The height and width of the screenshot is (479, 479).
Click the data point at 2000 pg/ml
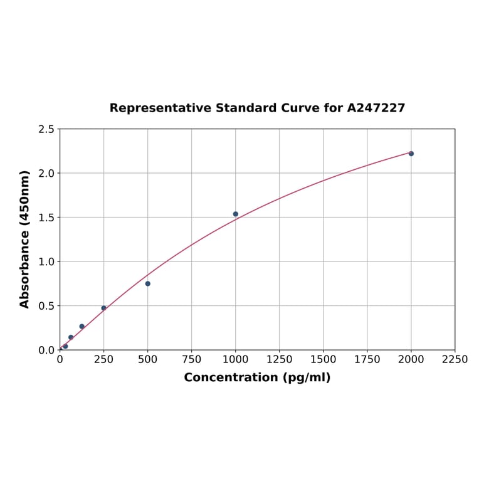pyautogui.click(x=411, y=154)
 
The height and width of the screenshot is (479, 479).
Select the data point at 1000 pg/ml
pyautogui.click(x=236, y=214)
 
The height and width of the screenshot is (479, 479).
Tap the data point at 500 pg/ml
pyautogui.click(x=148, y=283)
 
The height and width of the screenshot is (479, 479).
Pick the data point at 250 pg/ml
pyautogui.click(x=104, y=308)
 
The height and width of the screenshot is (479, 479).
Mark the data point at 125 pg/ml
pyautogui.click(x=82, y=326)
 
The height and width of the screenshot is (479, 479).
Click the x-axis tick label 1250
pyautogui.click(x=280, y=359)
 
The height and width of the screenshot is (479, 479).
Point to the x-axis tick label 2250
pyautogui.click(x=455, y=359)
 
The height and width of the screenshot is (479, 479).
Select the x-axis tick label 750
pyautogui.click(x=192, y=359)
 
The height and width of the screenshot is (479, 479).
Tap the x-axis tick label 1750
pyautogui.click(x=367, y=359)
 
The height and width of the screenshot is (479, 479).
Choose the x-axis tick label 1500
pyautogui.click(x=324, y=359)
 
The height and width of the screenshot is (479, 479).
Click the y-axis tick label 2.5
pyautogui.click(x=46, y=129)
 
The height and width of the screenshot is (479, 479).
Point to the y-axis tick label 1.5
pyautogui.click(x=46, y=218)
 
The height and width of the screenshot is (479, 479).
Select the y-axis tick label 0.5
pyautogui.click(x=46, y=306)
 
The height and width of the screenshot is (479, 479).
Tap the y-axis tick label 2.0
pyautogui.click(x=46, y=173)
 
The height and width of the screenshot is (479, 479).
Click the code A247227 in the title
pyautogui.click(x=376, y=108)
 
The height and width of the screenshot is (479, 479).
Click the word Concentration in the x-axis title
pyautogui.click(x=230, y=377)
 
